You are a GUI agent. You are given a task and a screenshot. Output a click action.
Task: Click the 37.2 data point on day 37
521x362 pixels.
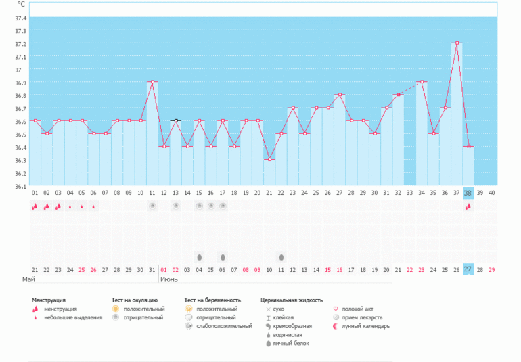[x=457, y=43]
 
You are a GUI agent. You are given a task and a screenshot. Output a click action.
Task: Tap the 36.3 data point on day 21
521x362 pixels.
[x=269, y=159]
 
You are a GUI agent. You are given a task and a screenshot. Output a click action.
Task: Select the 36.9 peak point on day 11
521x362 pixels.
[x=152, y=82]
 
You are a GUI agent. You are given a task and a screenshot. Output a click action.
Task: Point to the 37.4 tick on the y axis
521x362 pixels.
[x=20, y=18]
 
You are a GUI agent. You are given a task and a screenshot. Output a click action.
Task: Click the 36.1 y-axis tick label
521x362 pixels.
[x=20, y=186]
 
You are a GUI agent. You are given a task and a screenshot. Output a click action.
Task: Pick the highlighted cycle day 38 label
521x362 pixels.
[x=468, y=193]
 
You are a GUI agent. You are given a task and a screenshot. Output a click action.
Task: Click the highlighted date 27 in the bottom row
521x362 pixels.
[x=468, y=269]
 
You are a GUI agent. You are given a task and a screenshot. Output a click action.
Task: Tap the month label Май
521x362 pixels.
[x=28, y=279]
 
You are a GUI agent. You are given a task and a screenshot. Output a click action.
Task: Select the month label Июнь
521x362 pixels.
[x=169, y=279]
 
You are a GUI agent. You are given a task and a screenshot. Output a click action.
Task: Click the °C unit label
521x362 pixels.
[x=21, y=4]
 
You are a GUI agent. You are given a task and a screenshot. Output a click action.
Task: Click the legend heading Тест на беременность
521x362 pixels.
[x=213, y=299]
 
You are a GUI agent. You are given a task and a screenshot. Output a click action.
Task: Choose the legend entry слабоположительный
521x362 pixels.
[x=219, y=326]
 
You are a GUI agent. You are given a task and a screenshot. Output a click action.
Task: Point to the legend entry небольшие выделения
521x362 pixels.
[x=73, y=317]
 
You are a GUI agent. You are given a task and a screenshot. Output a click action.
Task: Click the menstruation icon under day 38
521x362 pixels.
[x=468, y=206]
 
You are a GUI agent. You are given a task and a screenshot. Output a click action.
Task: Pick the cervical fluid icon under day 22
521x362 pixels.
[x=281, y=257]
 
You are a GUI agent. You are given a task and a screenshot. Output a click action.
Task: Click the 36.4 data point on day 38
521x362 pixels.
[x=468, y=147]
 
